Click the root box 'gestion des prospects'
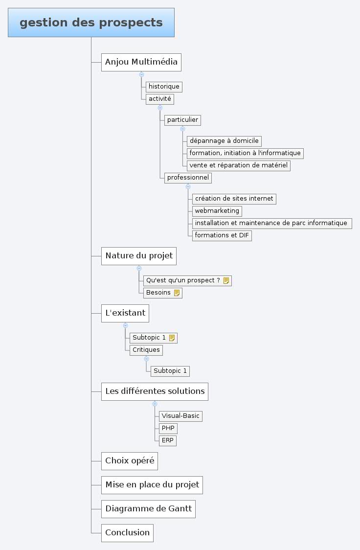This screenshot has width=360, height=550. [91, 23]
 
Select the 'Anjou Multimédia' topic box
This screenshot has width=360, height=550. [141, 62]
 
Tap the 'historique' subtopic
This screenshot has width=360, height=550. [164, 87]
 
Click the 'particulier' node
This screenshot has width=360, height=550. [182, 120]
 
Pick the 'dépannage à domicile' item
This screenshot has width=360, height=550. [224, 141]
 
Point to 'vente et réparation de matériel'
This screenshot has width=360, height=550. [238, 165]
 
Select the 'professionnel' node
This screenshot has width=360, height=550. [188, 178]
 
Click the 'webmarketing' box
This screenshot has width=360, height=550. [217, 211]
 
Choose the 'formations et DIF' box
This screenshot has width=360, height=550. [222, 235]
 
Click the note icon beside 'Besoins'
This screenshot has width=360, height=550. [177, 293]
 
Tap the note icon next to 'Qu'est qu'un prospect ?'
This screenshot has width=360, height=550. [226, 281]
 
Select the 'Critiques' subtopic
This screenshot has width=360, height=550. [146, 350]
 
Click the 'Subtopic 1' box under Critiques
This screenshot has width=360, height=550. [170, 371]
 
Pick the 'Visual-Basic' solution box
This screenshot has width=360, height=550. [180, 416]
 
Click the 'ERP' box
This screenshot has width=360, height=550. [167, 440]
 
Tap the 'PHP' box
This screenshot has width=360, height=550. [168, 428]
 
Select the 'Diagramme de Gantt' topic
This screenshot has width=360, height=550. [148, 508]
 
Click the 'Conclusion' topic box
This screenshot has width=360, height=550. [127, 532]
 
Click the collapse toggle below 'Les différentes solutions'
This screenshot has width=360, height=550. [155, 404]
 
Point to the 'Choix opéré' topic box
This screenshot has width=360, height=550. [130, 460]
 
